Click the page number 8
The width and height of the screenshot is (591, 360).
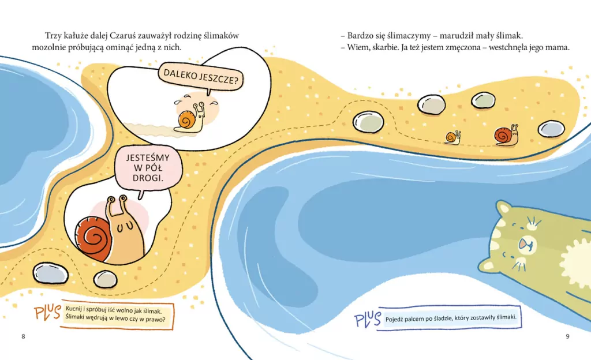23,336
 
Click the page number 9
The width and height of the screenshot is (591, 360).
567,336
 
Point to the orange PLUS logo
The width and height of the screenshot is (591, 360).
47,313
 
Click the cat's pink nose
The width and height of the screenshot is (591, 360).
523,245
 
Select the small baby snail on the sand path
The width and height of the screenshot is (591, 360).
452,137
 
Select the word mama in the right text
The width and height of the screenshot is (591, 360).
558,47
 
